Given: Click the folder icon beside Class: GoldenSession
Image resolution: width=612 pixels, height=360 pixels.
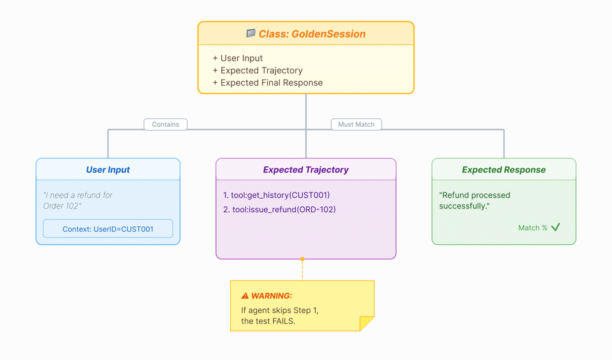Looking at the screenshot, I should point(251,33).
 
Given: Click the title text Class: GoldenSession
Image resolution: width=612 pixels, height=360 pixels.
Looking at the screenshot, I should point(312,34).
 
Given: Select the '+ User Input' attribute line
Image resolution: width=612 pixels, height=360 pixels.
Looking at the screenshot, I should point(238,58).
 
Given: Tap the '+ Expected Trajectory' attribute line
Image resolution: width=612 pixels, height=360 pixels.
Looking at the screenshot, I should point(258,71).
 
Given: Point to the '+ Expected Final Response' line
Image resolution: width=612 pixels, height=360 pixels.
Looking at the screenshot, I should point(268,83).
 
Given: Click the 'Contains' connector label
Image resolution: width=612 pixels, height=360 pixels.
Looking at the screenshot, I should point(165,124).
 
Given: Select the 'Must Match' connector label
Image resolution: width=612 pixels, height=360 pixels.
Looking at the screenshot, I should point(356,124).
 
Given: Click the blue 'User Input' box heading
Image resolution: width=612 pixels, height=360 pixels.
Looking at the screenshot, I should point(108,169).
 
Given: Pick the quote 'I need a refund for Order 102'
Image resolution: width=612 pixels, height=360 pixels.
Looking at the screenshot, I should point(77,200).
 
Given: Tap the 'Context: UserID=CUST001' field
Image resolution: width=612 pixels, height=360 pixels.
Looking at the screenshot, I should point(108,229).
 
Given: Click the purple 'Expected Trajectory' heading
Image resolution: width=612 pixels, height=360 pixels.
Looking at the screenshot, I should point(305,169).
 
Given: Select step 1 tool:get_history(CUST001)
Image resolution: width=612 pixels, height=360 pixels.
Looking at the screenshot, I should point(277,195).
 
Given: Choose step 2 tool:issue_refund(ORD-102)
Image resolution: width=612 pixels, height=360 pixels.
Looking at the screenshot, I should point(279,209).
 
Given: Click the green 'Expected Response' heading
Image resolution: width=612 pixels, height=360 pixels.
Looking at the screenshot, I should point(504,169).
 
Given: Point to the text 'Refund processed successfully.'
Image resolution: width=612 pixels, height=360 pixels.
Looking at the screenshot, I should point(474,200).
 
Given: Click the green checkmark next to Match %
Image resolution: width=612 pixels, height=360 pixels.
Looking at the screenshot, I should point(556,227).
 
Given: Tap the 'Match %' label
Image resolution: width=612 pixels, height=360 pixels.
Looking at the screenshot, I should point(532,227).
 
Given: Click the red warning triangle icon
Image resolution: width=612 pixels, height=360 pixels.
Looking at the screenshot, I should point(245,296).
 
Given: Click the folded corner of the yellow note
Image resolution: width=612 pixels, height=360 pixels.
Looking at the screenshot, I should point(367,324).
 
